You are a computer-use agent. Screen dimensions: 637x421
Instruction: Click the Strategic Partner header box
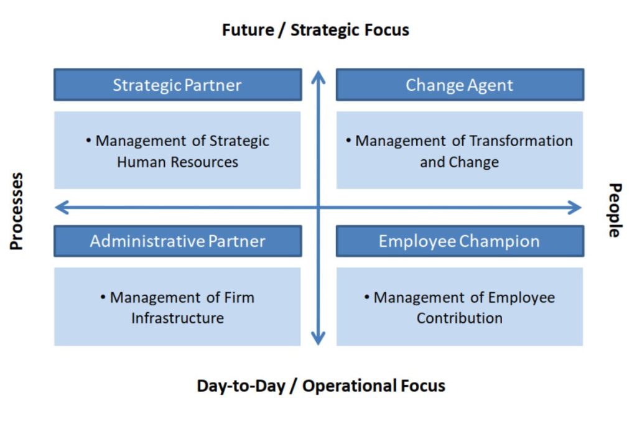(x=177, y=85)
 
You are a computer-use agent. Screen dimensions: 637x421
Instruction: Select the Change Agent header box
(x=460, y=85)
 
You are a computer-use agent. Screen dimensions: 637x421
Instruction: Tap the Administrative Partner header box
(x=177, y=241)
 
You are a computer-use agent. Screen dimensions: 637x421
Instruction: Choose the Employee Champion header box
(x=460, y=241)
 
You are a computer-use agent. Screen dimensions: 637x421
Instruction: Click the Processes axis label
(x=16, y=211)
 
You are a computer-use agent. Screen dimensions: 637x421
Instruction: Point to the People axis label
(x=615, y=210)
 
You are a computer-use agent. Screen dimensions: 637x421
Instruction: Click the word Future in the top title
(x=248, y=30)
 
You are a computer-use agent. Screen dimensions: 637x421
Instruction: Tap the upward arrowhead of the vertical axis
(x=318, y=77)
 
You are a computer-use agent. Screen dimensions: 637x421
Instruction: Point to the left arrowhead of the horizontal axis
(x=62, y=208)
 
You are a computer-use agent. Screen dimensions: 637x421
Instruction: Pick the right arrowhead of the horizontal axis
(x=574, y=208)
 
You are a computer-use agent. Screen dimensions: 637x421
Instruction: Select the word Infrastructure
(x=177, y=318)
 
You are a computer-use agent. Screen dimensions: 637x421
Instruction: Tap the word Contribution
(x=460, y=318)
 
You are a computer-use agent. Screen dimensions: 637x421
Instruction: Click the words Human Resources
(x=177, y=162)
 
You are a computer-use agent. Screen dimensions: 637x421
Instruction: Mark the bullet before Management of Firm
(x=103, y=297)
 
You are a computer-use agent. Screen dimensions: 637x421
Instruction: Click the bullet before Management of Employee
(x=367, y=297)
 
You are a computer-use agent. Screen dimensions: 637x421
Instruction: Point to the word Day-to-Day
(x=241, y=386)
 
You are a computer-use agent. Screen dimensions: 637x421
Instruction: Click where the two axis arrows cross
(x=318, y=208)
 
